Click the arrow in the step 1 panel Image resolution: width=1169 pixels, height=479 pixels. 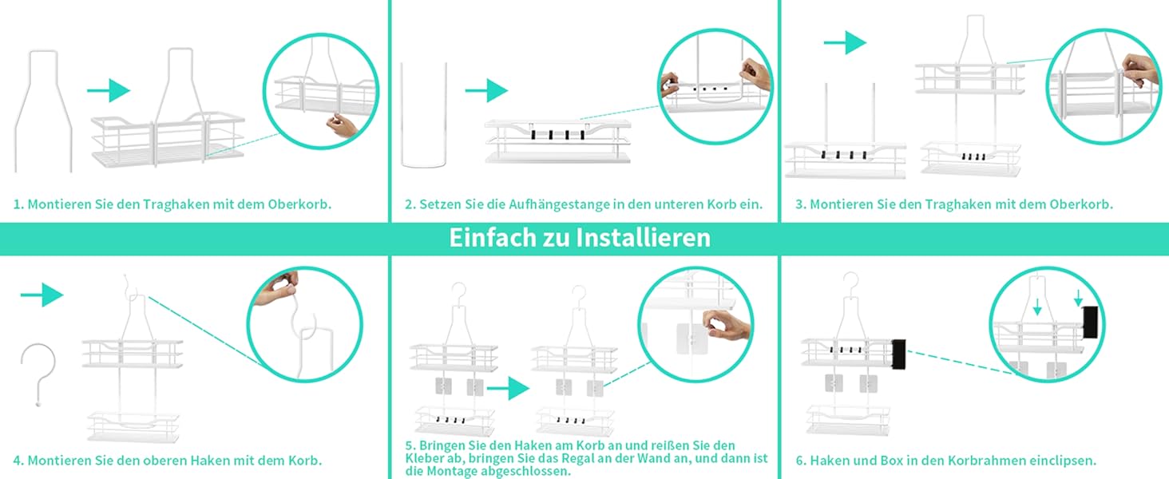click(109, 91)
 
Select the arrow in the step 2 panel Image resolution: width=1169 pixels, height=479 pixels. click(486, 91)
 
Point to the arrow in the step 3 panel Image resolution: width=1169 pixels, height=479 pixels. click(845, 42)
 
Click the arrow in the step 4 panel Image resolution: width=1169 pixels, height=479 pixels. click(42, 295)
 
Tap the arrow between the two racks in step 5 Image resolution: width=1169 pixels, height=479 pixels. click(509, 388)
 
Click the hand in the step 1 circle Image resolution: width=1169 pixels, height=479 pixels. click(343, 126)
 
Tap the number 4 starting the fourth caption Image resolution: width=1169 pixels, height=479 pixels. click(18, 461)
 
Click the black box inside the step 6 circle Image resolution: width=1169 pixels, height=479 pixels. click(1090, 322)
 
